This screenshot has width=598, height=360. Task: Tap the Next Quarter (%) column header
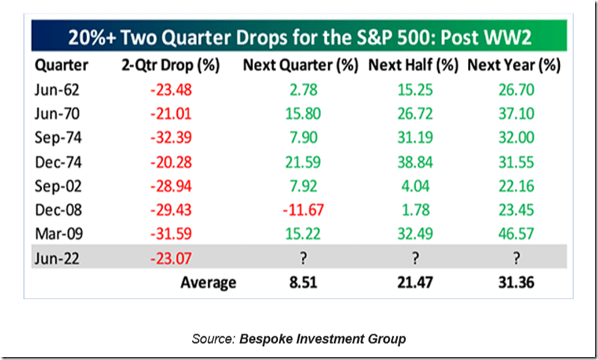pyautogui.click(x=300, y=65)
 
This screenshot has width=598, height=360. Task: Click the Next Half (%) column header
pyautogui.click(x=413, y=65)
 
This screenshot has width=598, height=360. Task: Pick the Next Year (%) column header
pyautogui.click(x=514, y=65)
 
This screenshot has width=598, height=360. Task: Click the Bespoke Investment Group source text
pyautogui.click(x=322, y=339)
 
